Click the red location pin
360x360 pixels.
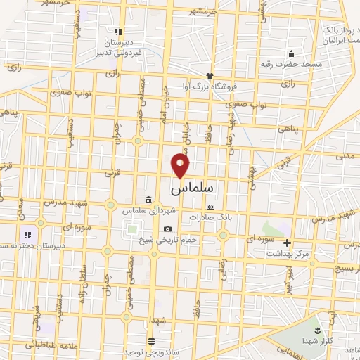[x=181, y=165]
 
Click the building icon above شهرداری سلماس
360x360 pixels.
[x=148, y=200]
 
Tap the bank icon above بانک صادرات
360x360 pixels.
[x=210, y=207]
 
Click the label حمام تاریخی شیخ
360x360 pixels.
[x=168, y=239]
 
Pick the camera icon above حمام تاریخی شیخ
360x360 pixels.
[x=167, y=229]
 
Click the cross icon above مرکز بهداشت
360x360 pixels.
[x=287, y=242]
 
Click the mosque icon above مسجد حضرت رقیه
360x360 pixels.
[x=290, y=53]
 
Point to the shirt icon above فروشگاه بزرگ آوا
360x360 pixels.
[x=209, y=76]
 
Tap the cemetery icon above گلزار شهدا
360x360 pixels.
[x=316, y=330]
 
